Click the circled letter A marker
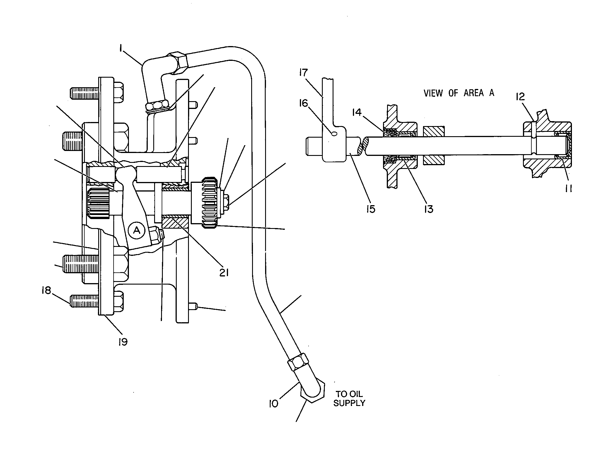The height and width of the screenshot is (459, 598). (137, 230)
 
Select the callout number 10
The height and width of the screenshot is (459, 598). (273, 403)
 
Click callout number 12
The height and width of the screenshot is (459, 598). (521, 96)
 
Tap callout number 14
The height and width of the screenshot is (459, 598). (357, 112)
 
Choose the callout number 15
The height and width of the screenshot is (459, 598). (371, 209)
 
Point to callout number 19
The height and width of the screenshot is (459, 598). (123, 342)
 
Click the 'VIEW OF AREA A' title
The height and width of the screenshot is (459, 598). (459, 93)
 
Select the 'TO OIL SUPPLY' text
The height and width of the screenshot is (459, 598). (349, 398)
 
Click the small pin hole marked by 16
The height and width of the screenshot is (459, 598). (334, 134)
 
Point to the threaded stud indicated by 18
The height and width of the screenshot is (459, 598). (84, 302)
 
